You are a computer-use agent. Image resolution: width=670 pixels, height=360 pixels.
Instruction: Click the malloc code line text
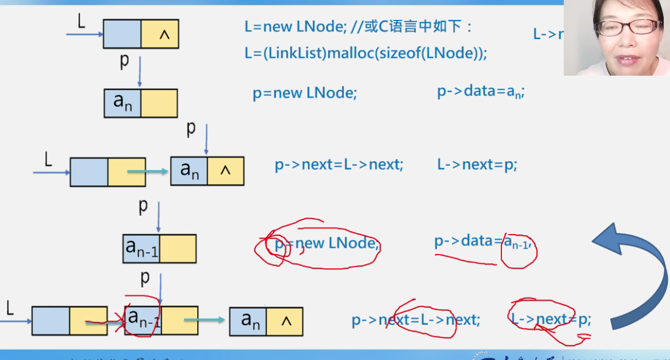(x=366, y=53)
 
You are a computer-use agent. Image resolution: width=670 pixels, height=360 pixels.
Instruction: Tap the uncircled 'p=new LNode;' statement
(x=305, y=93)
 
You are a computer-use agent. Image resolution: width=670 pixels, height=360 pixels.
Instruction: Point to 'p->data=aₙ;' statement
(x=480, y=92)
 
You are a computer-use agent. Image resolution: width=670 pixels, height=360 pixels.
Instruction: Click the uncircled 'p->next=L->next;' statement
(x=339, y=165)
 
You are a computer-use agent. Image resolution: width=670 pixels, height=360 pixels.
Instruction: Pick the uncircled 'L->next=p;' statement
(x=477, y=165)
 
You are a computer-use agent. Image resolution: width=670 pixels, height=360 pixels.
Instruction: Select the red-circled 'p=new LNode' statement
(x=326, y=244)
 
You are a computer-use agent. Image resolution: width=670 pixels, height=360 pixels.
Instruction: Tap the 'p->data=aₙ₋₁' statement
(x=483, y=242)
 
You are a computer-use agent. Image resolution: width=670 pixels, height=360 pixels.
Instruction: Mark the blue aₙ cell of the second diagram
(x=122, y=103)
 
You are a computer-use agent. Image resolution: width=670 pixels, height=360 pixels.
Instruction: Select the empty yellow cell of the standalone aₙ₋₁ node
(x=178, y=248)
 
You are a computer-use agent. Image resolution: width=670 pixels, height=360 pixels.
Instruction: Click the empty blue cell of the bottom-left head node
(x=51, y=321)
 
